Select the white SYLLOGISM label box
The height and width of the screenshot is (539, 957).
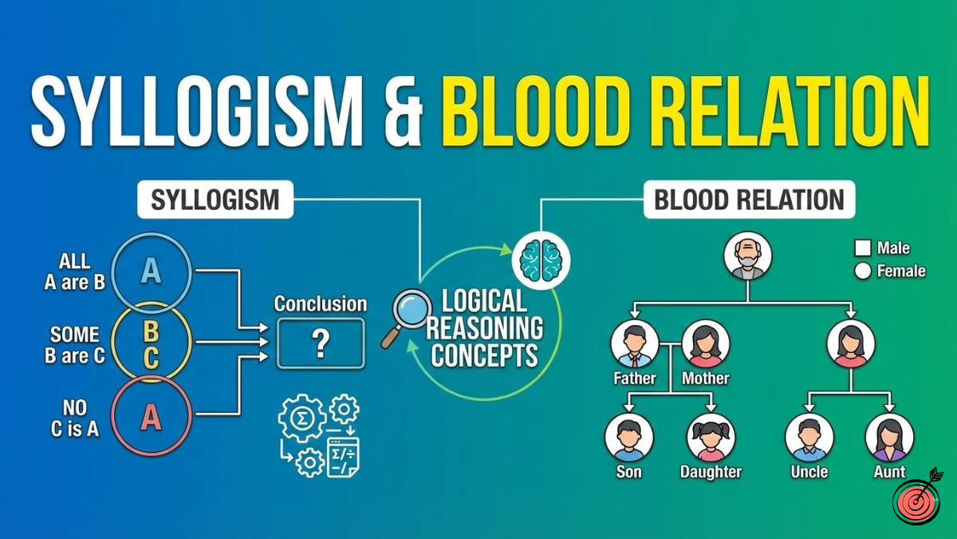tap(215, 199)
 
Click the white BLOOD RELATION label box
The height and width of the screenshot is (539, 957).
tap(749, 199)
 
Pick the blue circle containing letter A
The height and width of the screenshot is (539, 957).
tap(151, 271)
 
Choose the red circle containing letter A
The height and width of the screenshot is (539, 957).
tap(151, 416)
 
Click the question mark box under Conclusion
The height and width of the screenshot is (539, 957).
tap(321, 343)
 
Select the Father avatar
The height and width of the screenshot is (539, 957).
tap(635, 343)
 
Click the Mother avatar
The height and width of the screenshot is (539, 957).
tap(706, 343)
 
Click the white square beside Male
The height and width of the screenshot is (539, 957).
tap(862, 248)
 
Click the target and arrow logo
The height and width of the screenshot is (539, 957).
tap(918, 497)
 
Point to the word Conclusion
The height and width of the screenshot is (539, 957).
tap(321, 304)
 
